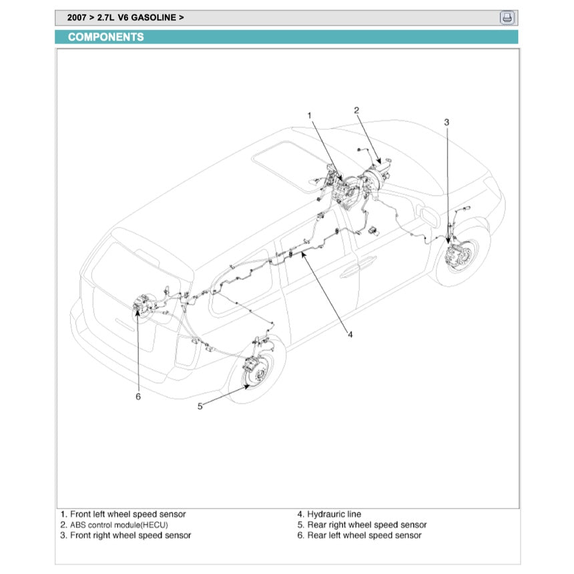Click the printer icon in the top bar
[x=507, y=18]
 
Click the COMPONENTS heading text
[x=105, y=37]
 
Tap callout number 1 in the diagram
[x=310, y=115]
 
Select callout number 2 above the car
[x=357, y=110]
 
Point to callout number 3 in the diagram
[x=447, y=121]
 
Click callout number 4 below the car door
[x=350, y=334]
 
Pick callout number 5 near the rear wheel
[x=200, y=406]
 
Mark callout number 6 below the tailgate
[x=138, y=396]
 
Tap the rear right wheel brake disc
[x=254, y=370]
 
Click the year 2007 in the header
[x=77, y=18]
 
